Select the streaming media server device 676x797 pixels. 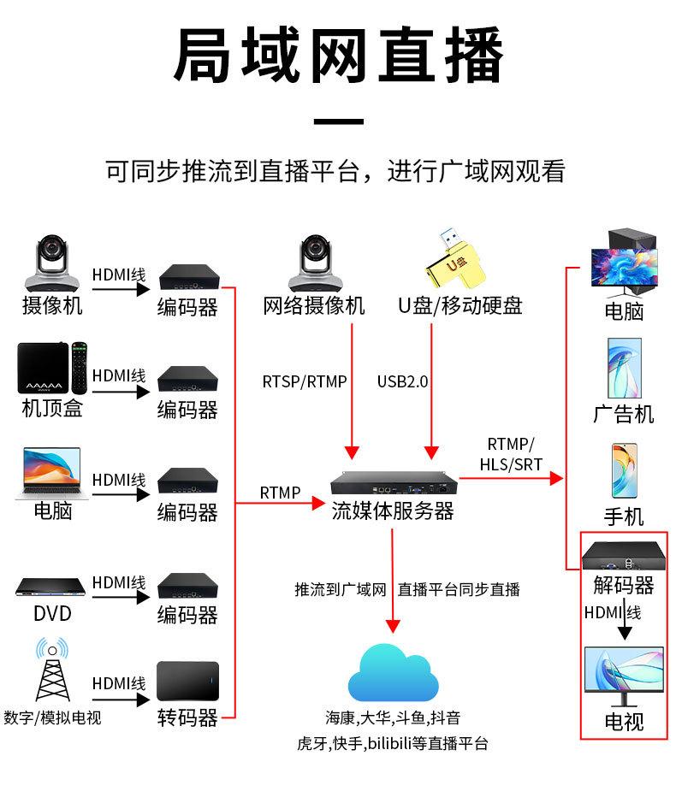[x=392, y=485]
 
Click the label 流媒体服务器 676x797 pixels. [x=392, y=511]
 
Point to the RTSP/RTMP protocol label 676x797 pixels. [x=305, y=381]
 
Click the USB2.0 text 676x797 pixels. [x=402, y=381]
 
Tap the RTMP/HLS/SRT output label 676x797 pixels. [x=510, y=454]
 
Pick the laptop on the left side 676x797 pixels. [x=48, y=473]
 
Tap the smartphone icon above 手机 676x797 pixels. [x=624, y=471]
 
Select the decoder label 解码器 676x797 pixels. [x=624, y=586]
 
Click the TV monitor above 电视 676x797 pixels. [x=623, y=676]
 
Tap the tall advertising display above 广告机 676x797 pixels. [x=624, y=369]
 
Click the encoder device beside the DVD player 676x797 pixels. [x=187, y=586]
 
